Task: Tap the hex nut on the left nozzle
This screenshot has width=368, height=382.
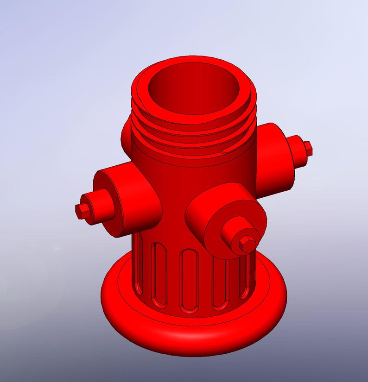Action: click(x=82, y=211)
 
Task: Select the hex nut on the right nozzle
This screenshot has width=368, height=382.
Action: click(x=307, y=148)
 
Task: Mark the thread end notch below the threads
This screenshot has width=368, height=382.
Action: click(x=224, y=151)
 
